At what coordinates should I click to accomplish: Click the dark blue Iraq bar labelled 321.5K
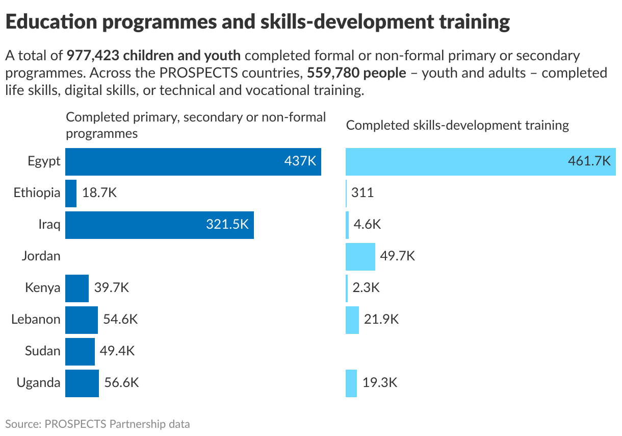(x=159, y=225)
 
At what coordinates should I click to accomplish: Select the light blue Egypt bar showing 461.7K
(x=480, y=161)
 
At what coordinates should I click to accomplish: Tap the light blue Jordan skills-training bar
(x=360, y=256)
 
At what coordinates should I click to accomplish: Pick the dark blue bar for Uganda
(x=82, y=383)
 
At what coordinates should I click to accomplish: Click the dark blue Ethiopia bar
(x=71, y=193)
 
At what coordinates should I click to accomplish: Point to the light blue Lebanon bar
(x=352, y=320)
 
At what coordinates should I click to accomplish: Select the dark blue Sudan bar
(x=80, y=351)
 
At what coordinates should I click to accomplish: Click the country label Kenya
(x=42, y=288)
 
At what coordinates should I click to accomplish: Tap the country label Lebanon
(x=36, y=320)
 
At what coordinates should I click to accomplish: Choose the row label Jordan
(x=41, y=256)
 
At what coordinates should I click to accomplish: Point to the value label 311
(x=362, y=193)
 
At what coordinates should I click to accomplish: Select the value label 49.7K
(x=398, y=256)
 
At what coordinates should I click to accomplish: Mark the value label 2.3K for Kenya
(x=366, y=288)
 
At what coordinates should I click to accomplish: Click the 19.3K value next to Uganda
(x=380, y=383)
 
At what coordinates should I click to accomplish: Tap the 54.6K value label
(x=120, y=320)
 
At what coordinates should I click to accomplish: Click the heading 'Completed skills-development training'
(x=457, y=125)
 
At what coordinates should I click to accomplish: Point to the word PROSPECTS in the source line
(x=75, y=424)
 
